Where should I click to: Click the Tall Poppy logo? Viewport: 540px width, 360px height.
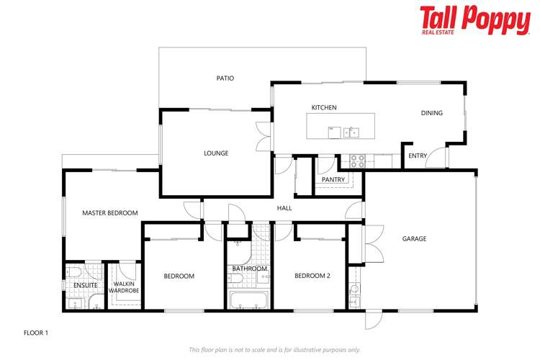[x=474, y=20]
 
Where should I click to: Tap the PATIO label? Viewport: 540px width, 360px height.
[x=225, y=78]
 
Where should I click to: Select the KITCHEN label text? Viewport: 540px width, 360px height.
[x=323, y=108]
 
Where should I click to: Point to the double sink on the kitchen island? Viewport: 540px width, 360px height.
[x=351, y=132]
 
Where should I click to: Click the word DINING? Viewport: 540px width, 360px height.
[x=431, y=113]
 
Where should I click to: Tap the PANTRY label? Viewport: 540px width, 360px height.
[x=333, y=180]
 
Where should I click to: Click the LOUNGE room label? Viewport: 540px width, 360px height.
[x=216, y=153]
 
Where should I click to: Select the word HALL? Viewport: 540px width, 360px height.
[x=284, y=209]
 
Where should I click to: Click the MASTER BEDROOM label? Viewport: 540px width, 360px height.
[x=109, y=213]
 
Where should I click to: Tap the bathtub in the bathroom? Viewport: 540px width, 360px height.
[x=248, y=300]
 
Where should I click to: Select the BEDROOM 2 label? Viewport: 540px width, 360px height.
[x=312, y=276]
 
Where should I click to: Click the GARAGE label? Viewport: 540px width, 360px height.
[x=414, y=239]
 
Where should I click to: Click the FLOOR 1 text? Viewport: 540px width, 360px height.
[x=36, y=333]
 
